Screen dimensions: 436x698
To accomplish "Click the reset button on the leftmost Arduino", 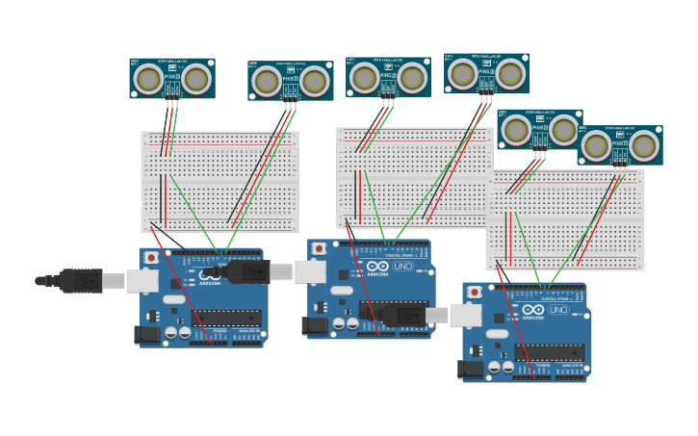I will (151, 258).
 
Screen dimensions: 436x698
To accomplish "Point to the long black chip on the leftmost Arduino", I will (230, 318).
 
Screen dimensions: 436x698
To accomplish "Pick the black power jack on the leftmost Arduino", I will (145, 334).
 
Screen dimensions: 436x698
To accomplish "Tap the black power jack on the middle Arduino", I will (314, 325).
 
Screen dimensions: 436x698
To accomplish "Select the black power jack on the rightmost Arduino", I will (470, 369).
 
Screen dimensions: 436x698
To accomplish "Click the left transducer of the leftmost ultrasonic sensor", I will (148, 79).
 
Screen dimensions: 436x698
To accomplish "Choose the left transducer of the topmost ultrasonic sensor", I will (462, 73).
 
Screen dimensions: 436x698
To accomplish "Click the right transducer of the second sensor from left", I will (314, 82).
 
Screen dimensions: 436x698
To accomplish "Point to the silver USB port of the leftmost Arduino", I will (142, 280).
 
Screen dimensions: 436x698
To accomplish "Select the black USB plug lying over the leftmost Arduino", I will (246, 271).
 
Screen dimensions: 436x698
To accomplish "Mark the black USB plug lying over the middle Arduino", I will (404, 315).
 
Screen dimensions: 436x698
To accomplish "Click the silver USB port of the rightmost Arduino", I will (466, 315).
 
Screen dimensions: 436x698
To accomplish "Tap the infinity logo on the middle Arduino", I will (376, 266).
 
